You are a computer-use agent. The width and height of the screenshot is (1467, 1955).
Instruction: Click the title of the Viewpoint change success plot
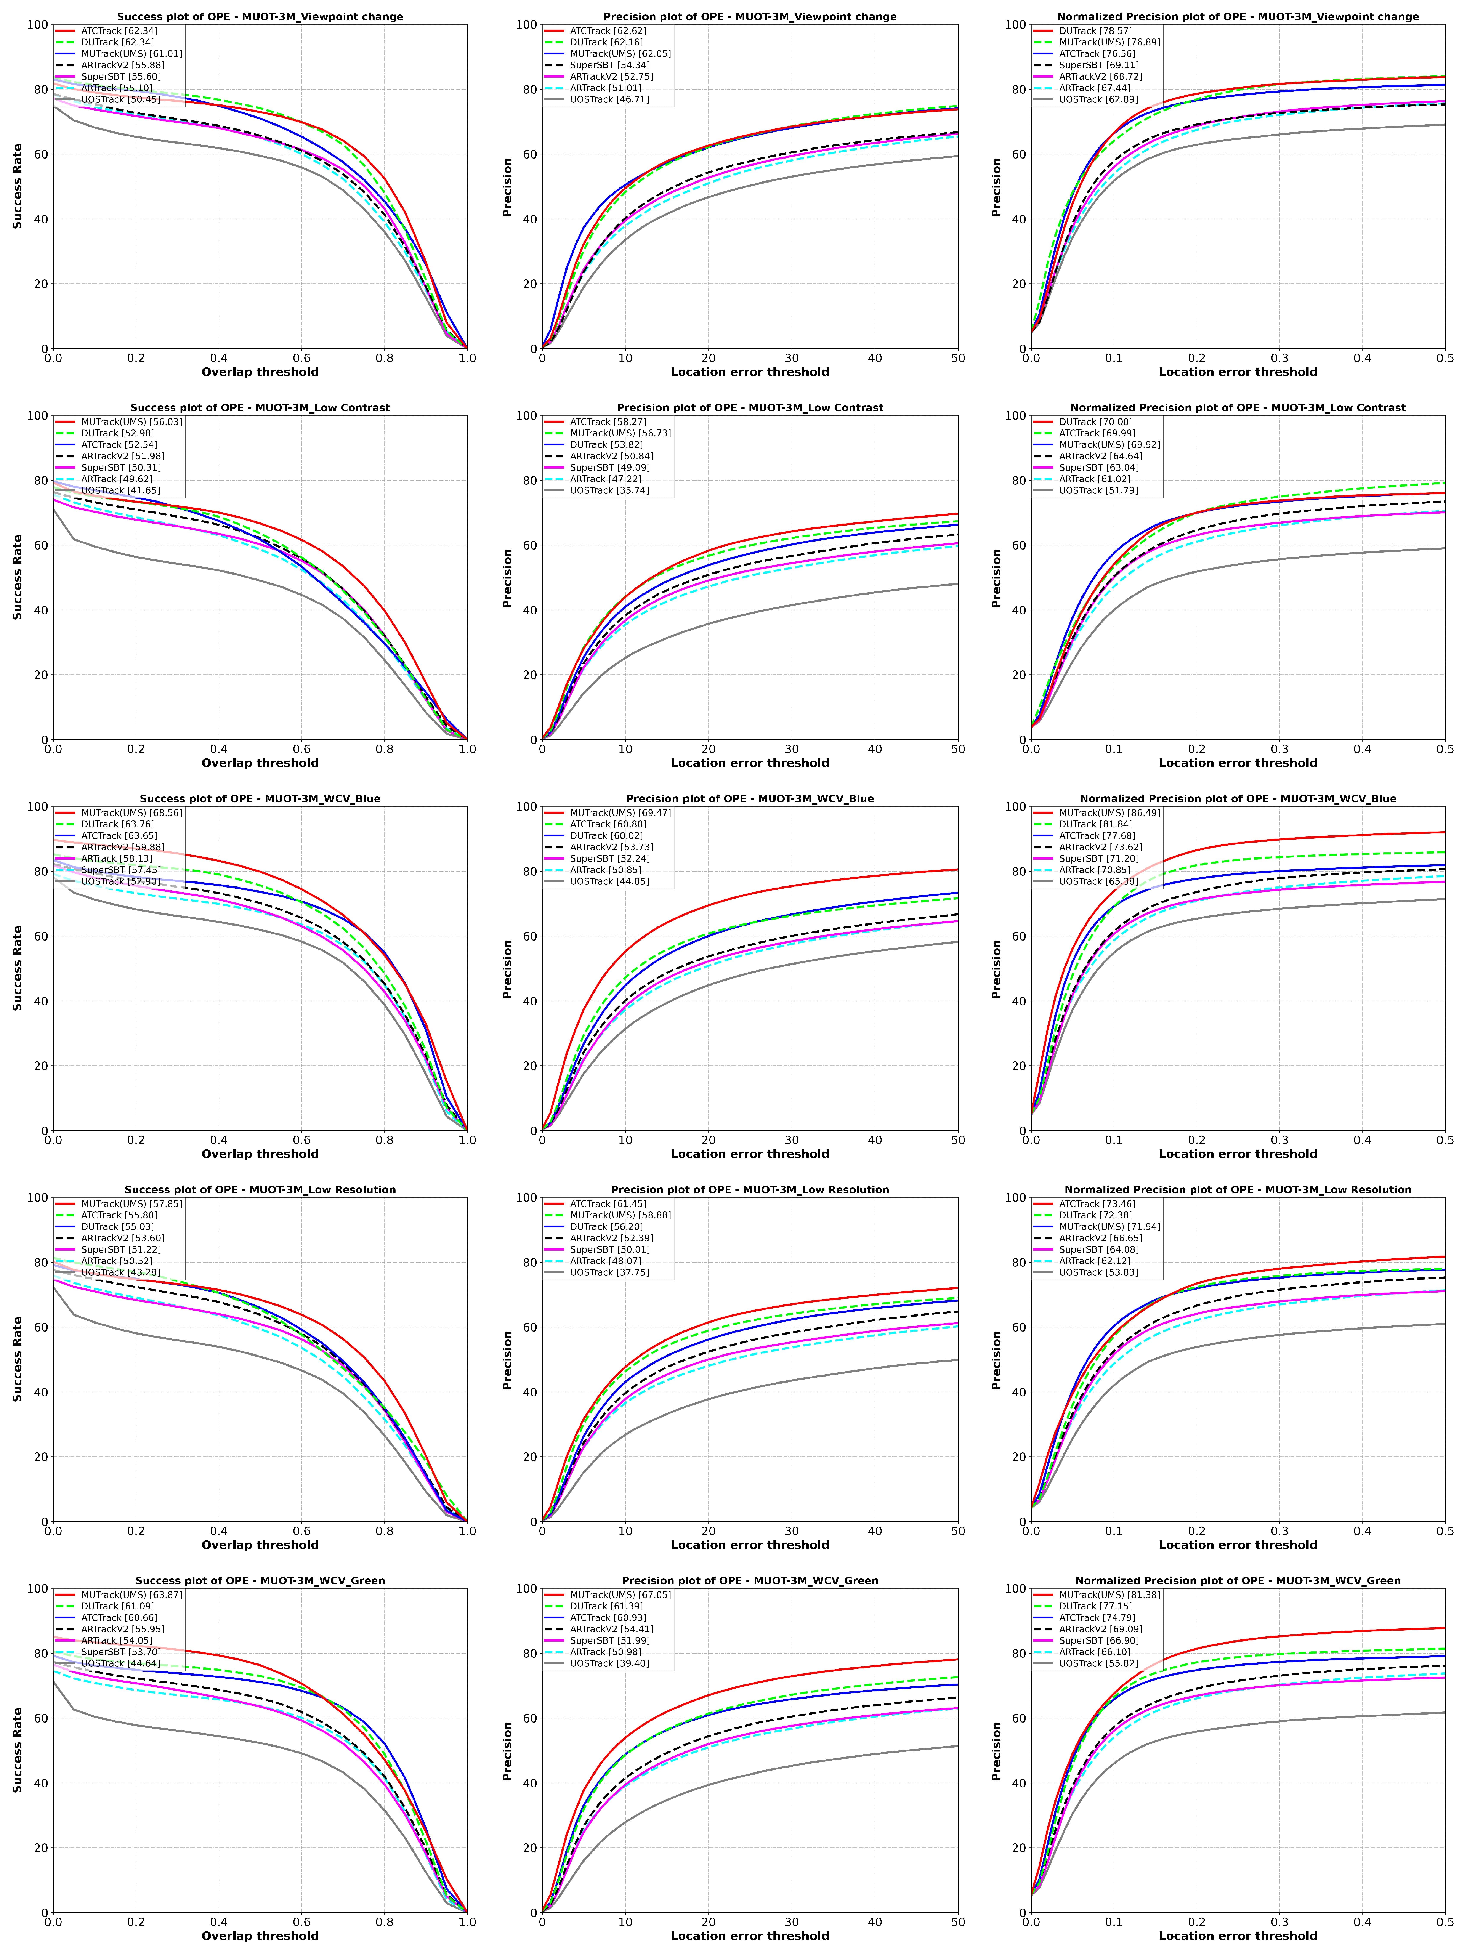click(x=260, y=17)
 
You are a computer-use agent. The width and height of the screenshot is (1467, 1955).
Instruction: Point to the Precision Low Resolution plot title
click(x=749, y=1190)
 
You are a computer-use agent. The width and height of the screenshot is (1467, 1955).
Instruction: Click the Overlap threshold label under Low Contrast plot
click(x=260, y=763)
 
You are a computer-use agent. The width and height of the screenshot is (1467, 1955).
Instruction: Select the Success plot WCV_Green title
click(x=260, y=1581)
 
